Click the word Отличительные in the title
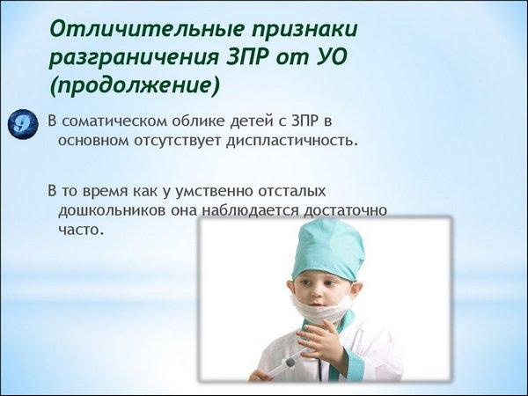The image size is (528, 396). pyautogui.click(x=148, y=29)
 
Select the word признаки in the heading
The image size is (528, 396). pyautogui.click(x=305, y=30)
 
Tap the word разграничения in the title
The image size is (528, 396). pyautogui.click(x=134, y=58)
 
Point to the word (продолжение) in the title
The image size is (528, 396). pyautogui.click(x=135, y=85)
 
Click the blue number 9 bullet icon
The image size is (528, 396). pyautogui.click(x=23, y=124)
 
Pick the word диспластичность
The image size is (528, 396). pyautogui.click(x=291, y=141)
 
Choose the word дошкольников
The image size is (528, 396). pyautogui.click(x=113, y=211)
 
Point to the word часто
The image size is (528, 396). pyautogui.click(x=80, y=230)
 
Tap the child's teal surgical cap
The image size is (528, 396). pyautogui.click(x=327, y=249)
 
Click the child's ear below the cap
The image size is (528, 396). pyautogui.click(x=356, y=290)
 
